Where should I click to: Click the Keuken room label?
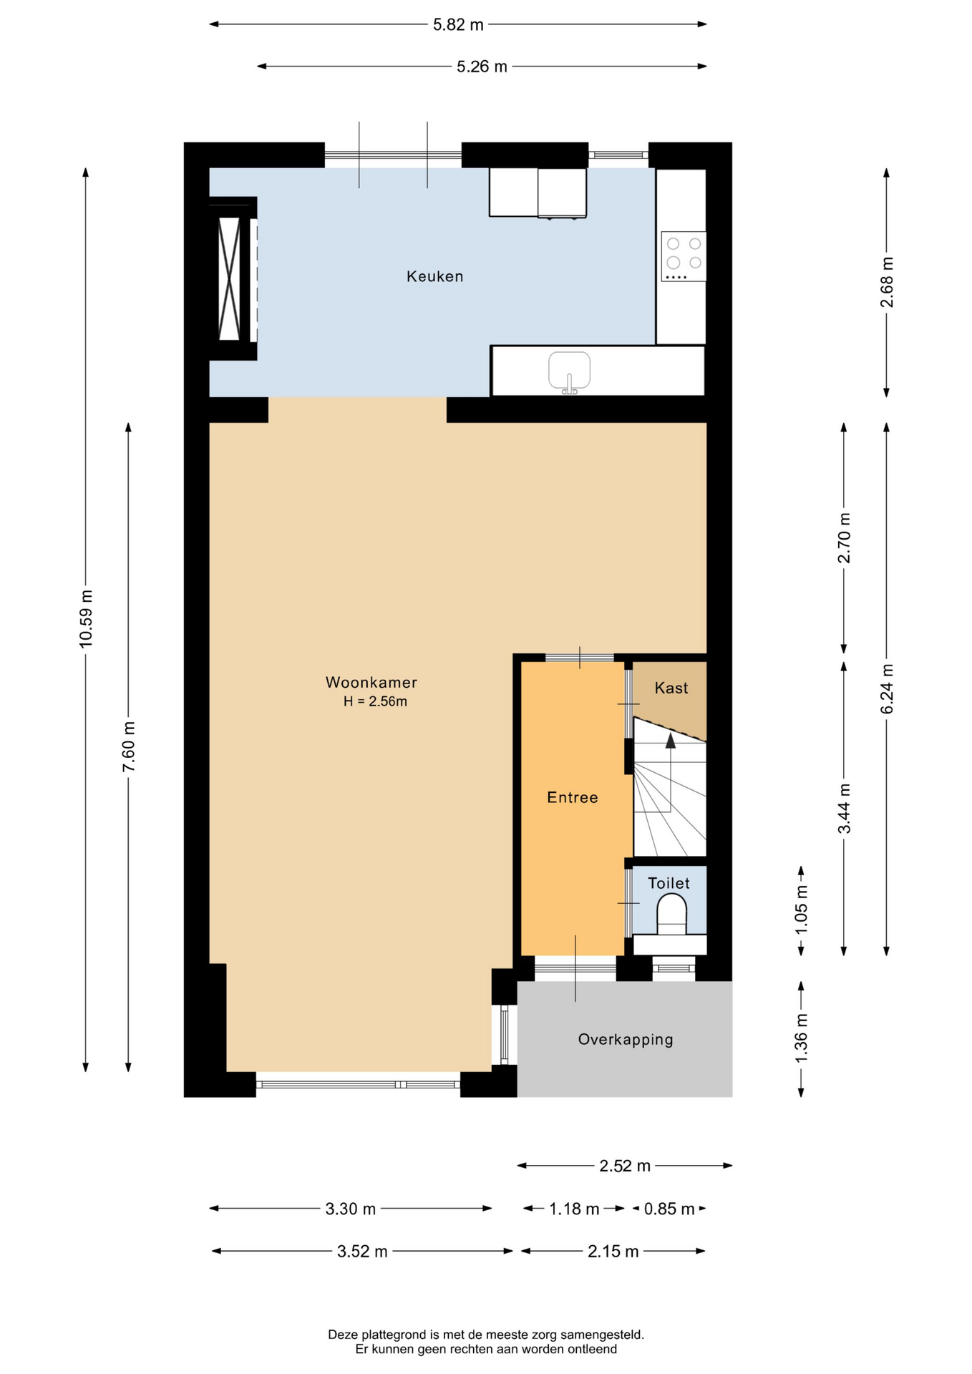click(434, 276)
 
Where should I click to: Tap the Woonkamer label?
click(371, 683)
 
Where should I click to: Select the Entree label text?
click(572, 797)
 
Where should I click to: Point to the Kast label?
click(671, 688)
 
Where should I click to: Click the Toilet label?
click(669, 883)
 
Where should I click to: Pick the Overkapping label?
click(626, 1040)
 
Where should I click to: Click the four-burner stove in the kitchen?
click(684, 256)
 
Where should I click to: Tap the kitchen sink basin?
click(569, 371)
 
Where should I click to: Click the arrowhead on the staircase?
click(671, 741)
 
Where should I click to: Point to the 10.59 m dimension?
click(86, 619)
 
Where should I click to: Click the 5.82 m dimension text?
click(458, 25)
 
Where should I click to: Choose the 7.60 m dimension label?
click(129, 747)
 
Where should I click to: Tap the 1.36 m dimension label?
click(801, 1038)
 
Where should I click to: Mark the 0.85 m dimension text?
click(669, 1209)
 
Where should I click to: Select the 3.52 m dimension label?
click(362, 1252)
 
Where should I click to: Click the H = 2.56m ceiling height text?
click(375, 702)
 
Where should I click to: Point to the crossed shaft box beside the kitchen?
click(229, 278)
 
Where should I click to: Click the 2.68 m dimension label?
click(887, 282)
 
